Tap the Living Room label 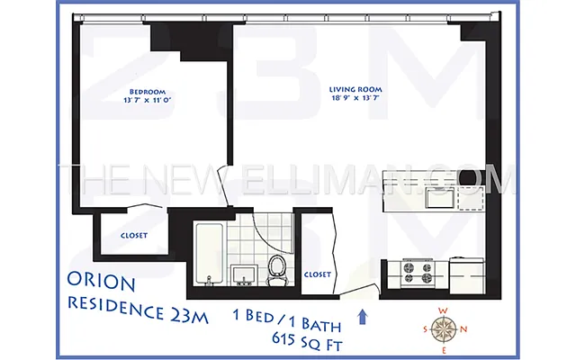(x=355, y=90)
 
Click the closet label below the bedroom (x=134, y=236)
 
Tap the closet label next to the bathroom (x=318, y=274)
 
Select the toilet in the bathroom (x=277, y=267)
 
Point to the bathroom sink (x=243, y=274)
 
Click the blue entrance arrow (x=363, y=316)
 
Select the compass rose (x=443, y=330)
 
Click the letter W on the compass (x=443, y=311)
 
